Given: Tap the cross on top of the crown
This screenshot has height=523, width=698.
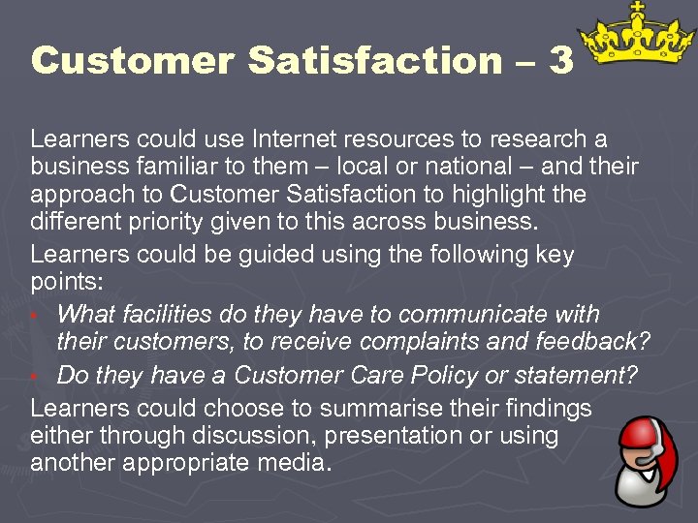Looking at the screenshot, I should [x=637, y=9].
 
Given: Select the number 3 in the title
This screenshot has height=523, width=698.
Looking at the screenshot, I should [x=560, y=61].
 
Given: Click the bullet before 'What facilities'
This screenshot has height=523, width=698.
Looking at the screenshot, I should [x=35, y=316].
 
